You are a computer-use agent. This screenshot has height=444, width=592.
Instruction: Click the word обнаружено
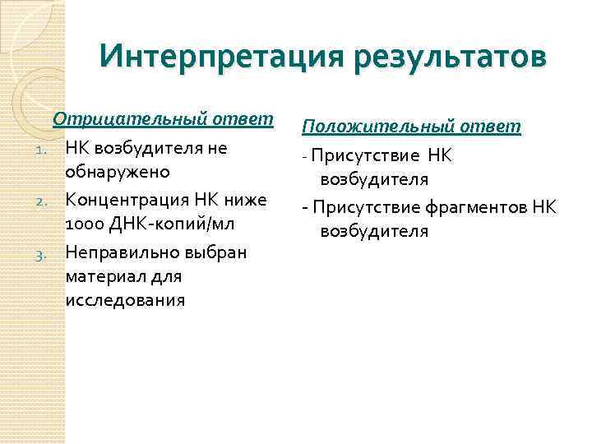[x=118, y=173]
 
